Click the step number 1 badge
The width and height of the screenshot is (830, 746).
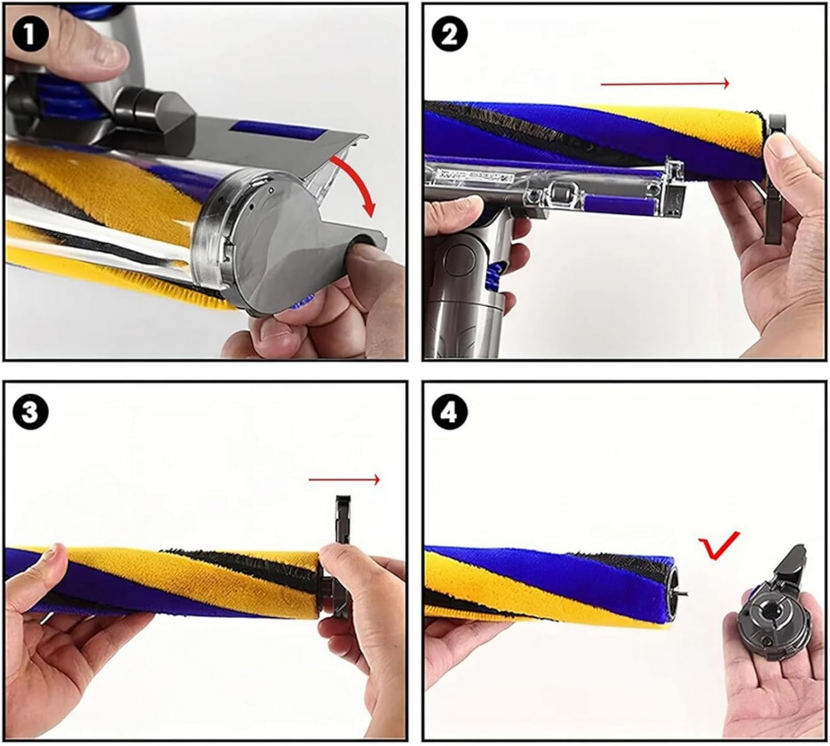[x=30, y=35]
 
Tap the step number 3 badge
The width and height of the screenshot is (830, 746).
[x=30, y=413]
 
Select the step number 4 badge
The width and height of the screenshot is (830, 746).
[x=450, y=413]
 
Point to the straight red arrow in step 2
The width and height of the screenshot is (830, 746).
[x=665, y=84]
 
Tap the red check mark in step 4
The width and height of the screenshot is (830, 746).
[x=718, y=546]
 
